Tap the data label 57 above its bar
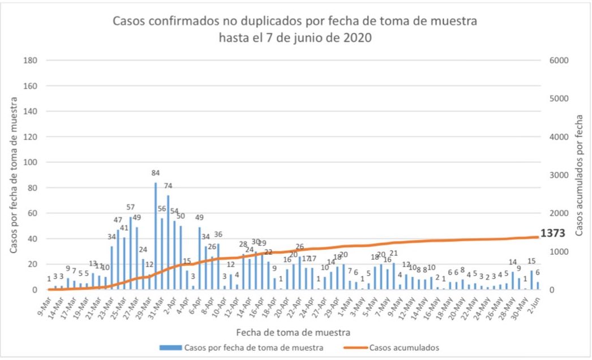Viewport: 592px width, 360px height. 130,207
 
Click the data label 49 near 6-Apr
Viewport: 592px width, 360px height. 199,217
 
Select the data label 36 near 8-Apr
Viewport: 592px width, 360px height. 218,234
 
